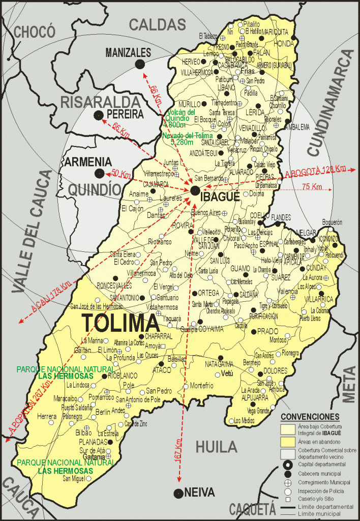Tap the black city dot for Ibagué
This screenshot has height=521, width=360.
coord(195,190)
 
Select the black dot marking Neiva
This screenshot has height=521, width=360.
coord(178,493)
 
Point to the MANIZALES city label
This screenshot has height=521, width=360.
coord(128,52)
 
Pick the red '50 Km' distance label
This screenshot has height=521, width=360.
coord(121,174)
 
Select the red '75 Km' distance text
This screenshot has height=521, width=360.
coord(312,187)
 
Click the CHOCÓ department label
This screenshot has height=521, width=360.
coord(35,32)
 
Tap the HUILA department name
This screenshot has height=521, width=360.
coord(217,447)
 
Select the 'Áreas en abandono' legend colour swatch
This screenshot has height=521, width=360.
coord(287,441)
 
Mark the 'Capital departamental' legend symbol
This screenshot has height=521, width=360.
coord(287,464)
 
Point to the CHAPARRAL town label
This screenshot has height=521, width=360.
coord(145,337)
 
